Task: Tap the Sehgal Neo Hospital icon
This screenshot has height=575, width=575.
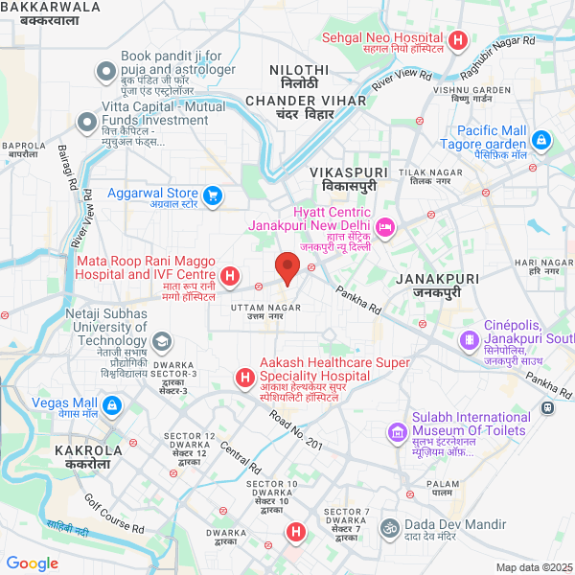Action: (x=458, y=40)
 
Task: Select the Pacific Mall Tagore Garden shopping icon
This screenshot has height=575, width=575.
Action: (x=541, y=141)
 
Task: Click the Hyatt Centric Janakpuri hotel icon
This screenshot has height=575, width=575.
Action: (x=385, y=227)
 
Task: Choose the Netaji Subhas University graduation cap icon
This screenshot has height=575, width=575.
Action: (x=162, y=341)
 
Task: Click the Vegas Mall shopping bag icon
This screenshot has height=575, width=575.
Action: (x=112, y=406)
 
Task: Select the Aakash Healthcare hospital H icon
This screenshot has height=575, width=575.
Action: (x=245, y=379)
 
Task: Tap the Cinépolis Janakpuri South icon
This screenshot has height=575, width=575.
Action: (x=469, y=338)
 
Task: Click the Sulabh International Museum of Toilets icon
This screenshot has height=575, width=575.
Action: (x=397, y=433)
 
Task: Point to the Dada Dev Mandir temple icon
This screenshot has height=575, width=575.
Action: (x=390, y=527)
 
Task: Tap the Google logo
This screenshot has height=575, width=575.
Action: (x=33, y=563)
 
